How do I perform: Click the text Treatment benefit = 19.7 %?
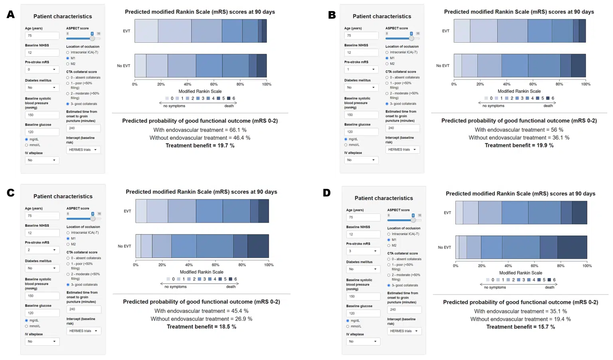pos(200,146)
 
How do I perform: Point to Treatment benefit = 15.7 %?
pos(520,327)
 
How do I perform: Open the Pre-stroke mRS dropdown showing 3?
pos(363,251)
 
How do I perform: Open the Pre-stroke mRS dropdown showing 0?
pos(42,69)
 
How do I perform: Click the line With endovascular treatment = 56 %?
pos(519,130)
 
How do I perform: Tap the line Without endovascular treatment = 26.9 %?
pos(201,319)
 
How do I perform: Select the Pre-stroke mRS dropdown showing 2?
pos(42,250)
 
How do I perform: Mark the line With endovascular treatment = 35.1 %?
pos(520,311)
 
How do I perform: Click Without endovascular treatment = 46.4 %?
pos(200,138)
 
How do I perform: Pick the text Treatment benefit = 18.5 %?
pos(201,327)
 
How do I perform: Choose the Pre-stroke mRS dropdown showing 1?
pos(361,69)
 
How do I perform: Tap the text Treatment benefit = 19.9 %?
pos(519,145)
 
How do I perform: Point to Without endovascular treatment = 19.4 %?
pos(520,319)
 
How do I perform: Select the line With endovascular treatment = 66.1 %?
pos(200,130)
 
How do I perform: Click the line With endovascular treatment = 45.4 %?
pos(201,311)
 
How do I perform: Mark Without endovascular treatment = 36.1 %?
pos(519,138)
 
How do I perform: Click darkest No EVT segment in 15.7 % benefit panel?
pos(572,247)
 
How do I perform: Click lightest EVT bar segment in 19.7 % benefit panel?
pos(146,31)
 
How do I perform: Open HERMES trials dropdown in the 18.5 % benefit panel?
pos(84,331)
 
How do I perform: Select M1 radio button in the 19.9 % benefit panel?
pos(387,58)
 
